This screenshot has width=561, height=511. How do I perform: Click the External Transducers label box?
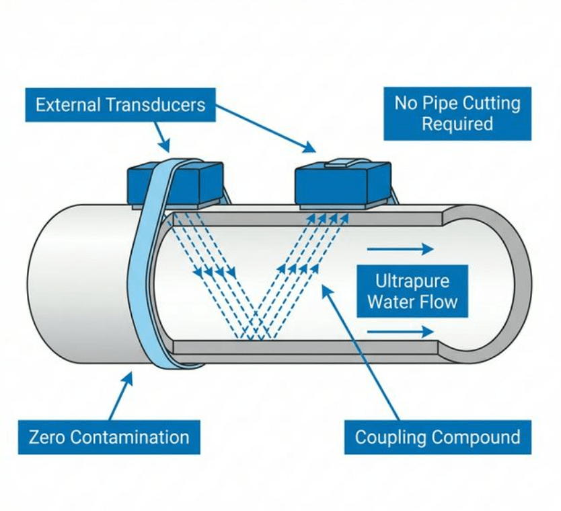tap(120, 106)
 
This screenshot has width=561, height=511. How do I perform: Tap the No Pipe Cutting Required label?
tap(457, 113)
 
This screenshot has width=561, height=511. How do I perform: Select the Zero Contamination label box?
tap(109, 437)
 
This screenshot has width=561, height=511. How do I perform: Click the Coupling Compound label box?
tap(437, 437)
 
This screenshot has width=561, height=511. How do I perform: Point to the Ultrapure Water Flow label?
tap(412, 291)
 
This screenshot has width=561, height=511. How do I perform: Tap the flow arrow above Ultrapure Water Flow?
tap(400, 249)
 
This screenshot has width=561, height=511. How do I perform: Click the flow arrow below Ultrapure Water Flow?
tap(400, 331)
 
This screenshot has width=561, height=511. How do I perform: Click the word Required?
tap(457, 124)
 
